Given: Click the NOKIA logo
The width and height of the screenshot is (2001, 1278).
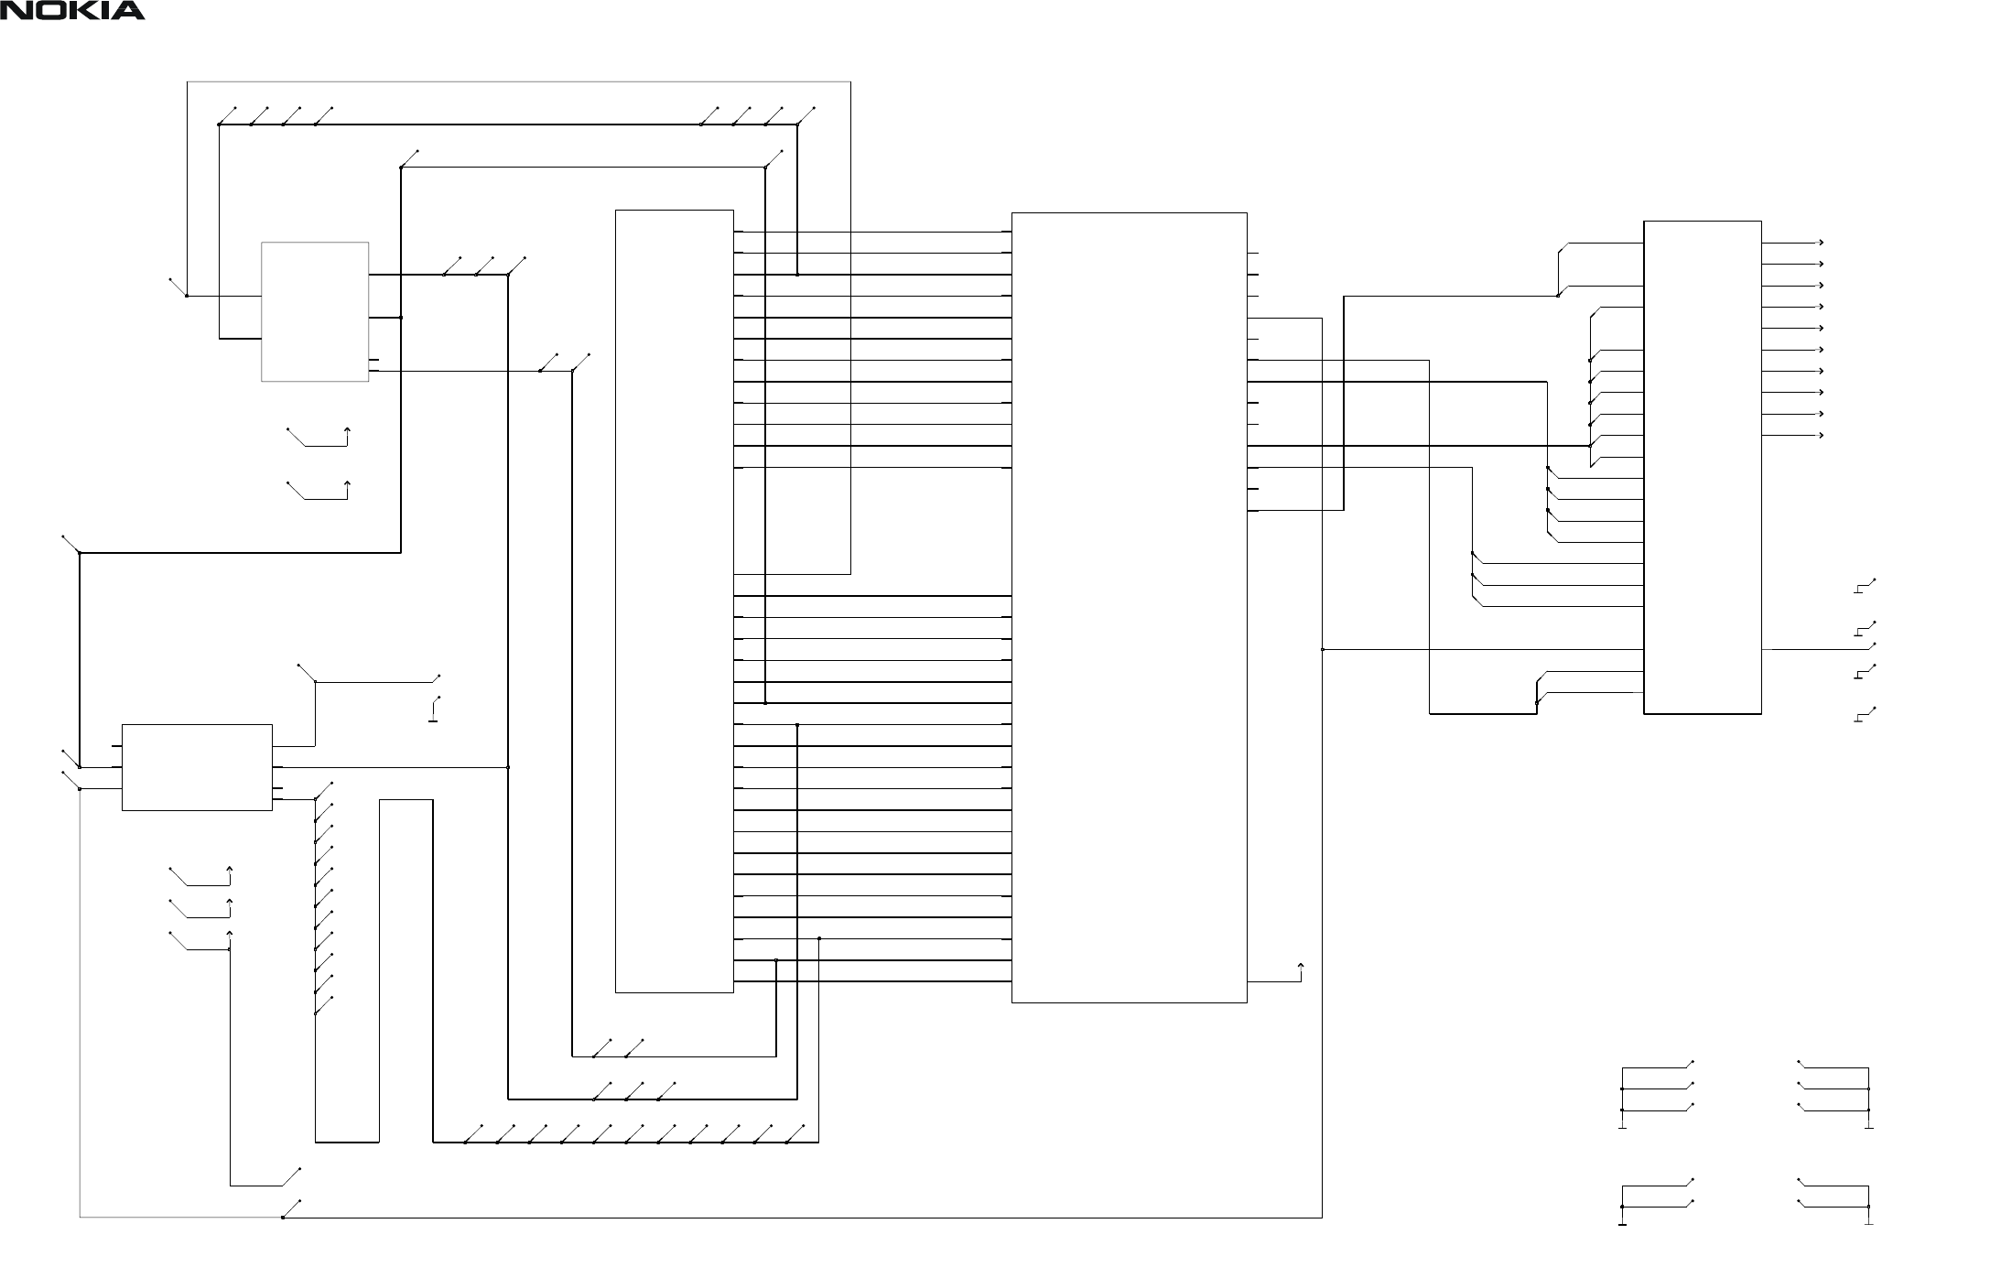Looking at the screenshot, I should [72, 11].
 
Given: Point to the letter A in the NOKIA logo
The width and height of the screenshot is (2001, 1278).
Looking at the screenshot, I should [128, 11].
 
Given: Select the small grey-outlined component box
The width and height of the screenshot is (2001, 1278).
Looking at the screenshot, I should [315, 311].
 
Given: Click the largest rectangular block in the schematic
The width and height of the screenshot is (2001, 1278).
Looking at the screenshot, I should [1129, 607].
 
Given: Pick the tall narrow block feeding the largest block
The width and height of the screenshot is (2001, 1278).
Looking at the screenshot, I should [674, 601].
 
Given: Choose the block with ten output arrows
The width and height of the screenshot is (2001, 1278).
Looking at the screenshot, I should [1703, 466].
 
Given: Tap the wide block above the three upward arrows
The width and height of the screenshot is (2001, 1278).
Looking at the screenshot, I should [197, 767].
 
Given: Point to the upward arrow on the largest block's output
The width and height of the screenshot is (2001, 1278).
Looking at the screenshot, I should [1301, 966].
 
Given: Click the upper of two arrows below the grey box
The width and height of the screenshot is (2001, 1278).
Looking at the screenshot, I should [346, 430].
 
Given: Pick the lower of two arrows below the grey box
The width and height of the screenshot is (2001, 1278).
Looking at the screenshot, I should [346, 483].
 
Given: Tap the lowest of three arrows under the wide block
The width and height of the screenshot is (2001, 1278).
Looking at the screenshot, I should [229, 935].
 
